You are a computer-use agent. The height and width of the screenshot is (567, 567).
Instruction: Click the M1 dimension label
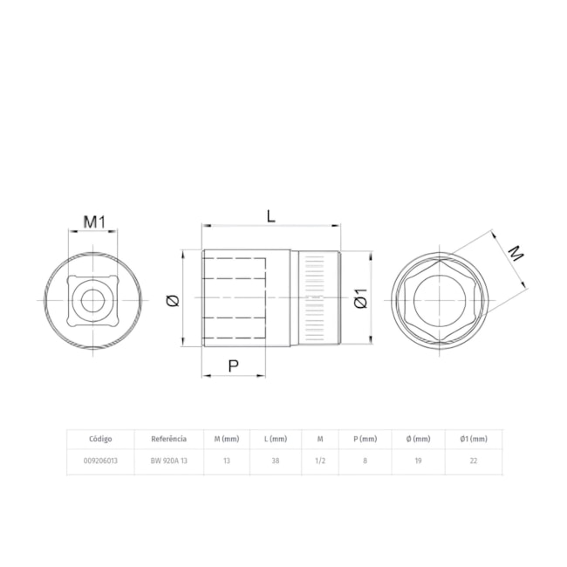point(93,222)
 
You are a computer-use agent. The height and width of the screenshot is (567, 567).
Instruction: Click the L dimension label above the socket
point(270,216)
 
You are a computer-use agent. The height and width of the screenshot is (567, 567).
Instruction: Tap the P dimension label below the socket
point(234,366)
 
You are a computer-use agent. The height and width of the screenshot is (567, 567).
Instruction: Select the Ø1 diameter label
point(360,298)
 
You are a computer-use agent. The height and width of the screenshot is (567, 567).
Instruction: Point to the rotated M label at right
point(516,253)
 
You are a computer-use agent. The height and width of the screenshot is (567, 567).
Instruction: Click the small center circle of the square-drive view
point(93,300)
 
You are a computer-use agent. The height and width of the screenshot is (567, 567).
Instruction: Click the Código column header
point(100,439)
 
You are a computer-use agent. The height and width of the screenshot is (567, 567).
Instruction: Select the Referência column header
point(169,439)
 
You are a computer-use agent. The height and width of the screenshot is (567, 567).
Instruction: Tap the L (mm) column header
point(276,439)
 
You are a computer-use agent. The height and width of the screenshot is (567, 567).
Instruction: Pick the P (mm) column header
point(365,439)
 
